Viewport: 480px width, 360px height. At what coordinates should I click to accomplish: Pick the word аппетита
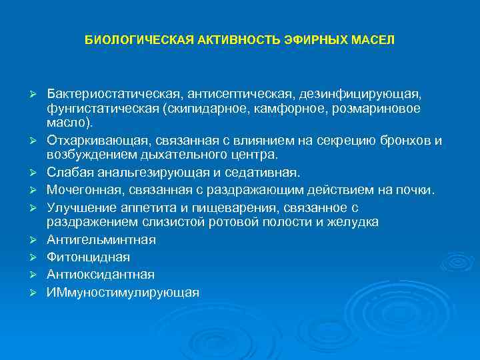[150, 207]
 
